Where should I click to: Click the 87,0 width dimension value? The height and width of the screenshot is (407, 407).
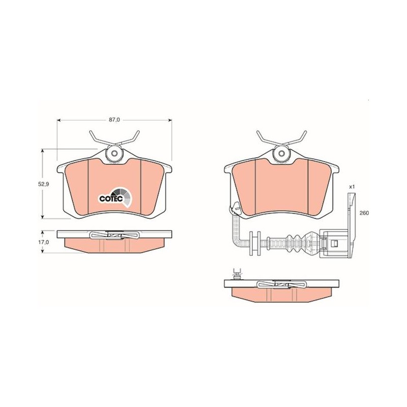[x=114, y=120]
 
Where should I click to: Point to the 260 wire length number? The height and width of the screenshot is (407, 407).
[x=364, y=213]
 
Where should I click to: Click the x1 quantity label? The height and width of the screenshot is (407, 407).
[x=352, y=186]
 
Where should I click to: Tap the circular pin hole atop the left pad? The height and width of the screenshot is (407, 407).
[x=114, y=153]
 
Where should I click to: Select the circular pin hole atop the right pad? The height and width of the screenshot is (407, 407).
[x=281, y=153]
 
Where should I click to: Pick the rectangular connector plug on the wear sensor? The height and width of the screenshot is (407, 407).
[x=333, y=244]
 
